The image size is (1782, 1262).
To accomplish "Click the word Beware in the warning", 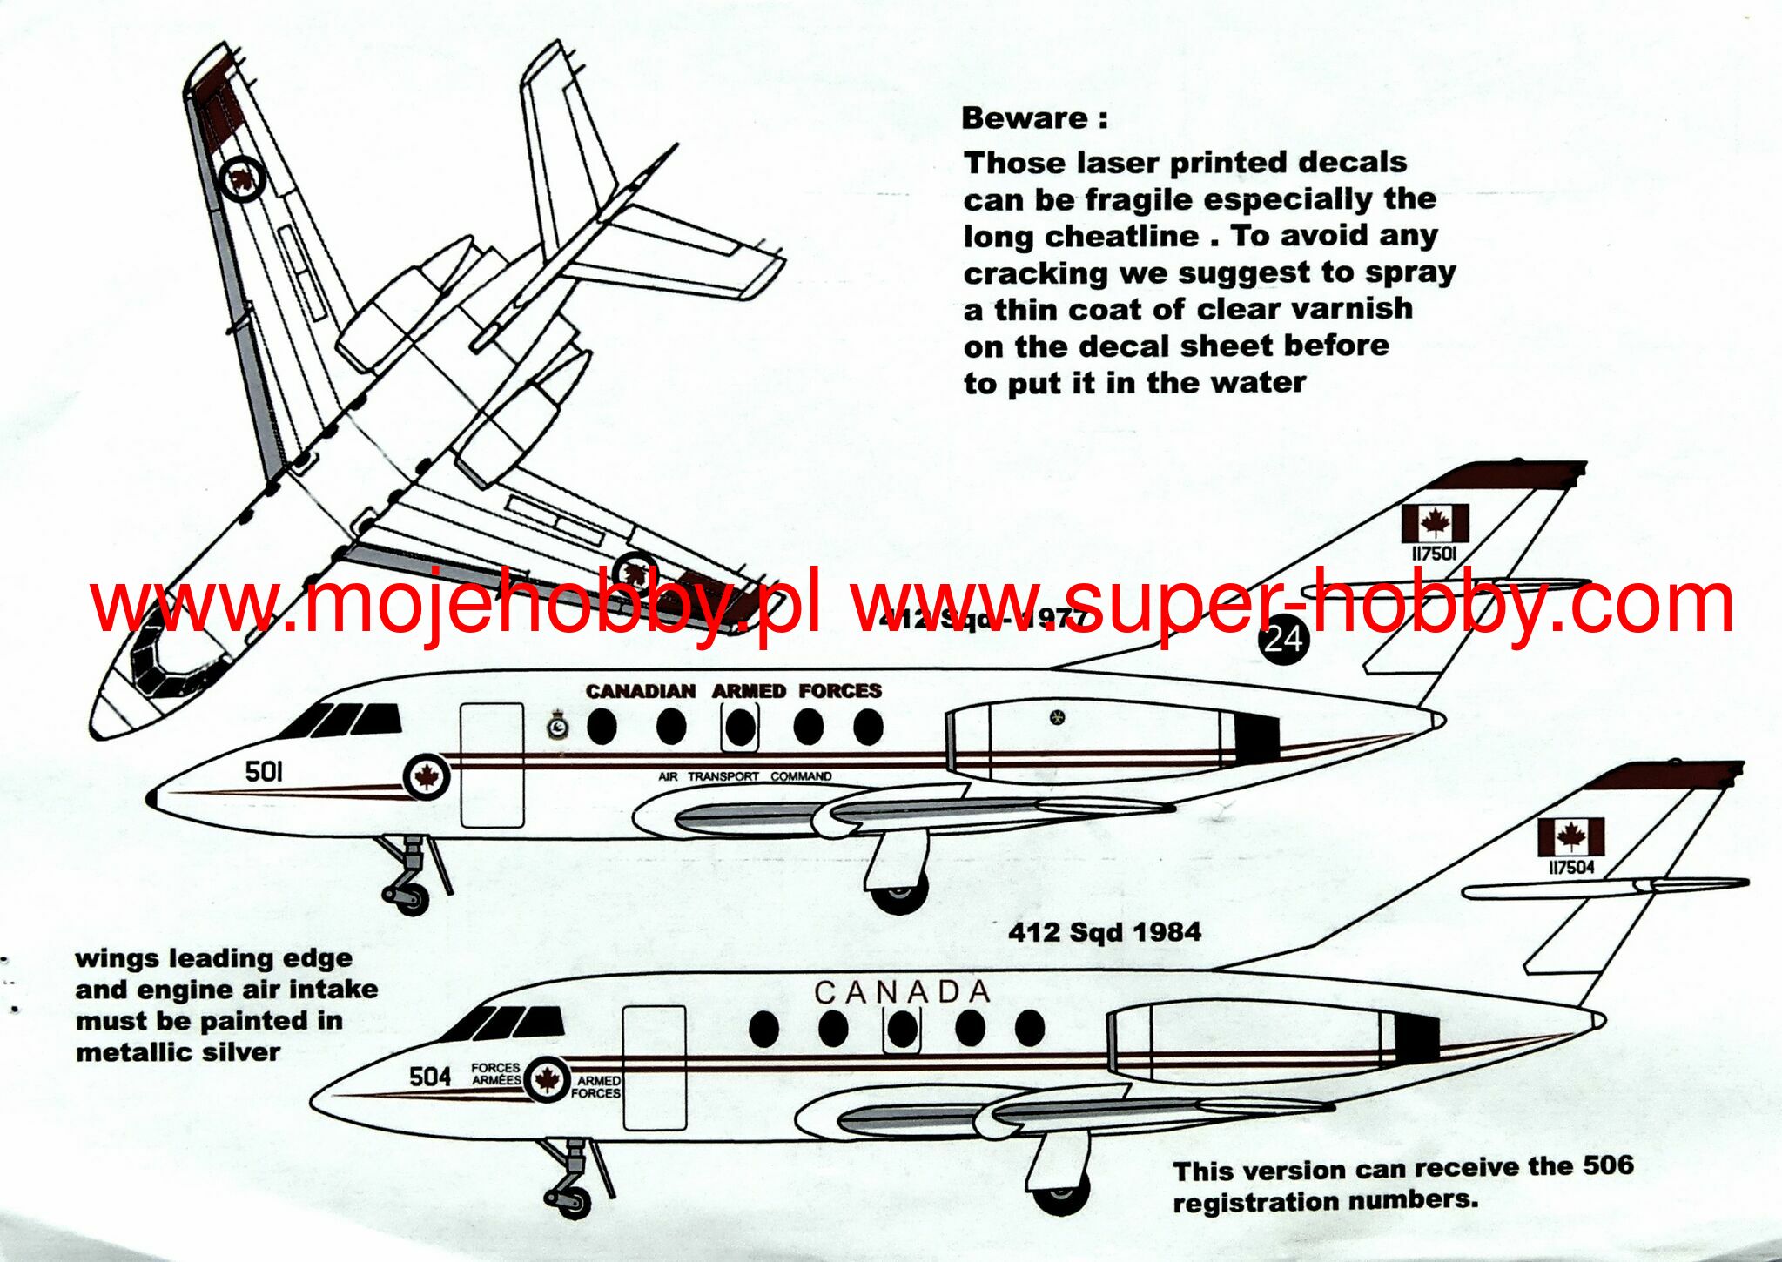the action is [x=1024, y=118].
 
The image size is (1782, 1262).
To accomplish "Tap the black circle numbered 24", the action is [x=1282, y=640].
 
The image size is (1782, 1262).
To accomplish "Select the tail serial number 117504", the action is [x=1571, y=868].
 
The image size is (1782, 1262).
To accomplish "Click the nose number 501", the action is [x=264, y=771].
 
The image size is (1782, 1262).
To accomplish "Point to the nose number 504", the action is [x=430, y=1077].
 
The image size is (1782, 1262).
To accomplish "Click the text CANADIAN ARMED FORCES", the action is [x=734, y=691].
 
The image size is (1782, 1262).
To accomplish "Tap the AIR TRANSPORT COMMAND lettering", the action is [x=744, y=776].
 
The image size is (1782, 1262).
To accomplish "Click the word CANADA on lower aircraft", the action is [x=903, y=991].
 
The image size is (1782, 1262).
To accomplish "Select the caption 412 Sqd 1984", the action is [x=1105, y=932].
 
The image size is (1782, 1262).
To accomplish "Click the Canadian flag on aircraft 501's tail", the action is [x=1435, y=523].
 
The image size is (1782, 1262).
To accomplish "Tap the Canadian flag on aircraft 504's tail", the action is [x=1571, y=837].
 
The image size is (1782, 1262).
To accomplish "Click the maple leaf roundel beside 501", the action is [x=427, y=777].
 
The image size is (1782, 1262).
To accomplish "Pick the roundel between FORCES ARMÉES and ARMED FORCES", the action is [x=547, y=1080].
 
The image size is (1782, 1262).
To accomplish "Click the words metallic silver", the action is [x=178, y=1052].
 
